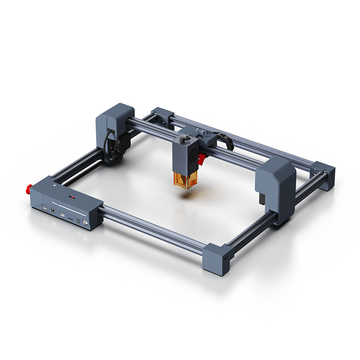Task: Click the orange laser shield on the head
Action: pos(187,175)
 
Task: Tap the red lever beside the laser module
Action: pos(202,157)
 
